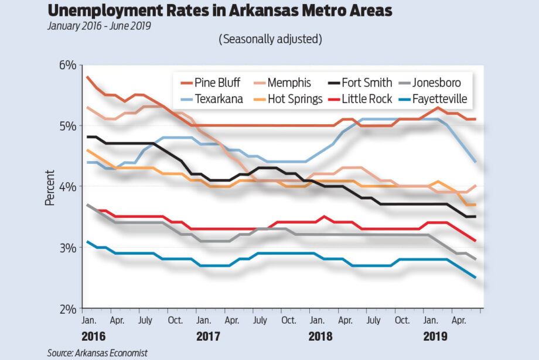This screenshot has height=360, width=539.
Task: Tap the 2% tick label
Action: [67, 308]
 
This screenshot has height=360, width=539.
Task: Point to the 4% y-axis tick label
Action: [67, 187]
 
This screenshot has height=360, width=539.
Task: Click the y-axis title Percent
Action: [49, 187]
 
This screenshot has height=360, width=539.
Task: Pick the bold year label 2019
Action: [435, 337]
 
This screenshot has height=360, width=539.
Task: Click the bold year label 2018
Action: [320, 337]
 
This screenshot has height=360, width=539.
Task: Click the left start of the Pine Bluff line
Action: [87, 77]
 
